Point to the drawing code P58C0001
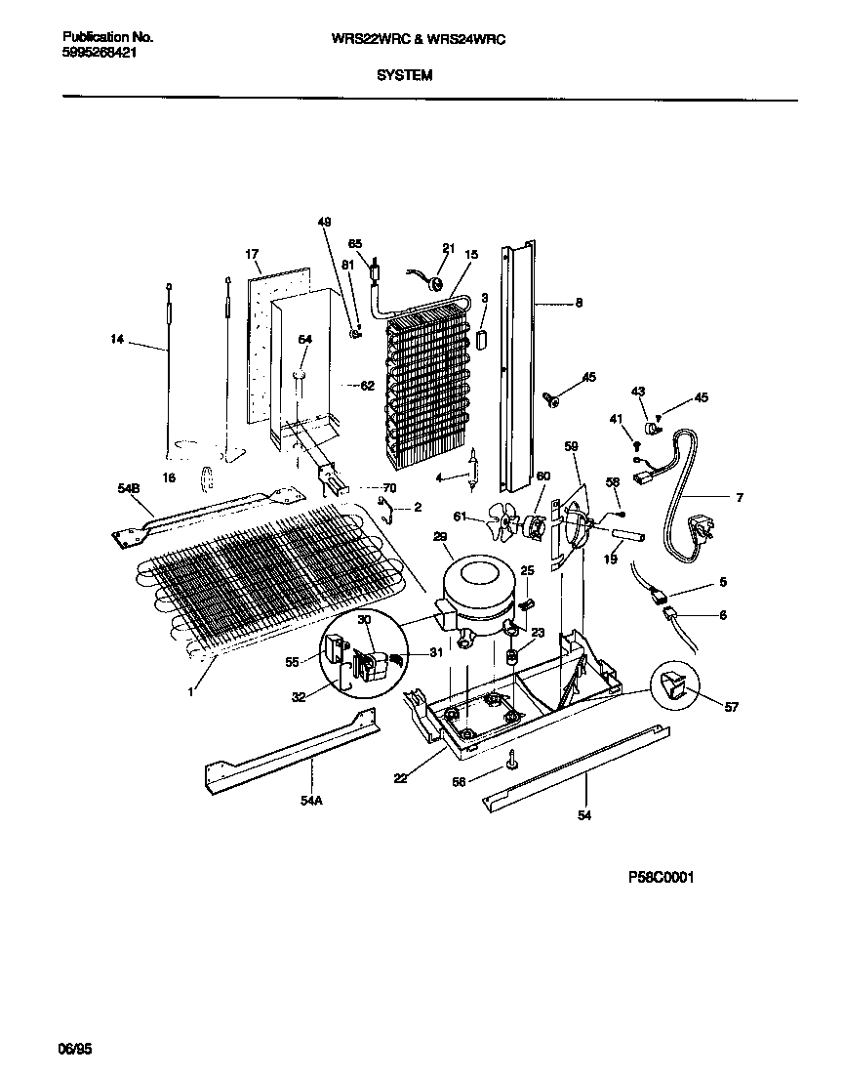[x=660, y=878]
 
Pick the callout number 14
[x=118, y=340]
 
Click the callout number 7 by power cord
[x=739, y=498]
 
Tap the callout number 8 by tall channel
[x=579, y=303]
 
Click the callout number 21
[x=449, y=248]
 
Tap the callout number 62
[x=367, y=386]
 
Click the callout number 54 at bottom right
[x=585, y=814]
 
